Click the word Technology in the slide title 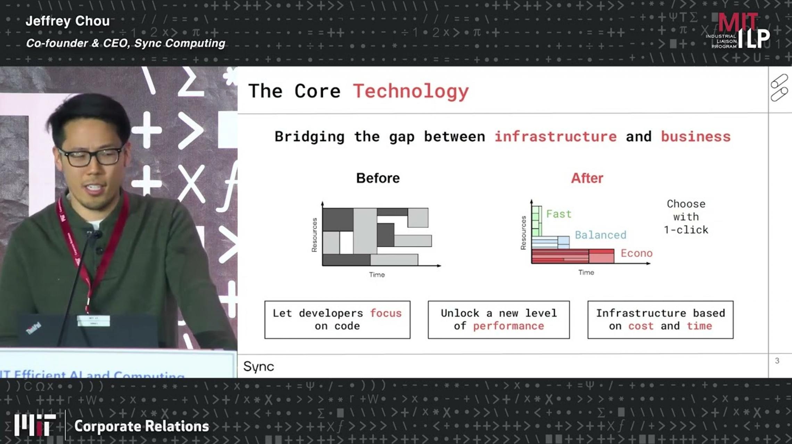tap(411, 92)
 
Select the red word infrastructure tap(555, 136)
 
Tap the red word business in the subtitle tap(695, 136)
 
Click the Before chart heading tap(378, 178)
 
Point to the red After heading tap(587, 178)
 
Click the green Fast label tap(559, 214)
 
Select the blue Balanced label tap(600, 235)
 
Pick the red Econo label tap(636, 253)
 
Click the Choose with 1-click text tap(686, 217)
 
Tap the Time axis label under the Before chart tap(377, 275)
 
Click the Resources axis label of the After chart tap(523, 233)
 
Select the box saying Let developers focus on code tap(337, 319)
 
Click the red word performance tap(508, 326)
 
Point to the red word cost tap(641, 326)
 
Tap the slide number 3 tap(777, 361)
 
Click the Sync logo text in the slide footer tap(259, 367)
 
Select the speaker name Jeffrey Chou tap(68, 21)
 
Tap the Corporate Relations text tap(141, 426)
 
